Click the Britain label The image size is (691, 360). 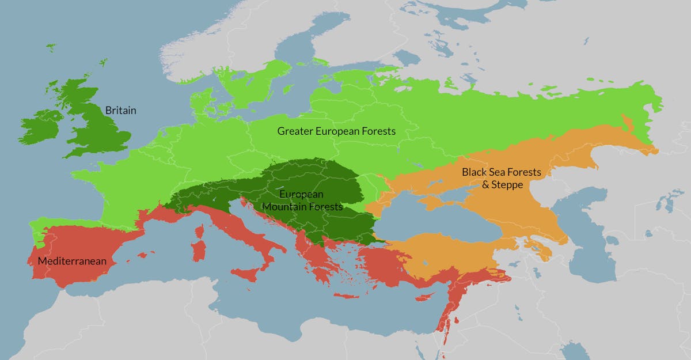pos(120,110)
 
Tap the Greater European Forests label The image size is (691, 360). pos(336,131)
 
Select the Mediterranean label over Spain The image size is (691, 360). pos(72,262)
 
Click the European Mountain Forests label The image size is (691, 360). pos(302,200)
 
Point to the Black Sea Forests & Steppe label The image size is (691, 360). pos(498,179)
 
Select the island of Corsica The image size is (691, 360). pos(199,232)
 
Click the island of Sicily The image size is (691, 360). pos(248,275)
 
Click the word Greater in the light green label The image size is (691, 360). pos(294,131)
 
